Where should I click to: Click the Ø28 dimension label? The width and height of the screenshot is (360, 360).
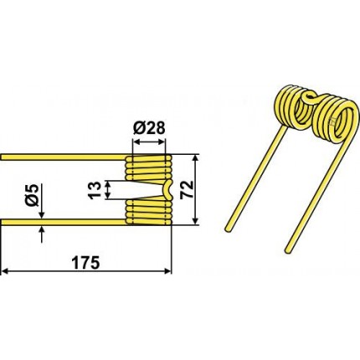tap(149, 128)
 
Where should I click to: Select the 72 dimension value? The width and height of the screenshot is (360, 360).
tap(187, 189)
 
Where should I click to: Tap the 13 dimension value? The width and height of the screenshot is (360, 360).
tap(95, 190)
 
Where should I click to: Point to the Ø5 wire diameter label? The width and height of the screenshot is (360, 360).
tap(33, 195)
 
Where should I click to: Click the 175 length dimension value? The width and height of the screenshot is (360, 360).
tap(85, 263)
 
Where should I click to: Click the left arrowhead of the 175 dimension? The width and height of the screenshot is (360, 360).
tap(4, 270)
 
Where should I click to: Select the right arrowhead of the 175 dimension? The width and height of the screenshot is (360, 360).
tap(168, 270)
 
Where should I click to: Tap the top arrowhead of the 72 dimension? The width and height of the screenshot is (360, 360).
tap(196, 158)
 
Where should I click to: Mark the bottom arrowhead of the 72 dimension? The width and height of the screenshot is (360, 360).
tap(196, 220)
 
